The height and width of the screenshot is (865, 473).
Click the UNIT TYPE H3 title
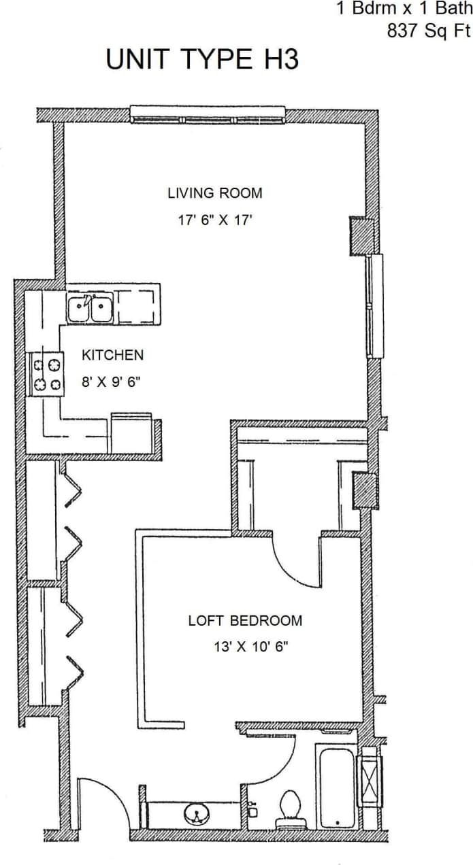click(202, 60)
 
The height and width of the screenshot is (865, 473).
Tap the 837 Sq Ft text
click(428, 31)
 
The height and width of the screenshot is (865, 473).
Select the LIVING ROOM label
click(214, 193)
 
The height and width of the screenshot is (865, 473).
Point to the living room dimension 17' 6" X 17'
click(214, 220)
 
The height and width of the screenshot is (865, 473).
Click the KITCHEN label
click(112, 355)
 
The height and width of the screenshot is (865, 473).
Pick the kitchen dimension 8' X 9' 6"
click(110, 381)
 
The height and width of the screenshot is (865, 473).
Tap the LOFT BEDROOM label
click(245, 620)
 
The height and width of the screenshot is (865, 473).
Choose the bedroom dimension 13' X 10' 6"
click(250, 647)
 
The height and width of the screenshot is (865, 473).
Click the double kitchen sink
click(91, 308)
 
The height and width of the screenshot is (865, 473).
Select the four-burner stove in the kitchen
click(46, 375)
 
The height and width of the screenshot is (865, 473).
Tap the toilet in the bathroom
click(290, 806)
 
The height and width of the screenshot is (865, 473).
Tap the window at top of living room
click(208, 116)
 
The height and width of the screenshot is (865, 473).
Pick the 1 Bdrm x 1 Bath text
click(403, 10)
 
